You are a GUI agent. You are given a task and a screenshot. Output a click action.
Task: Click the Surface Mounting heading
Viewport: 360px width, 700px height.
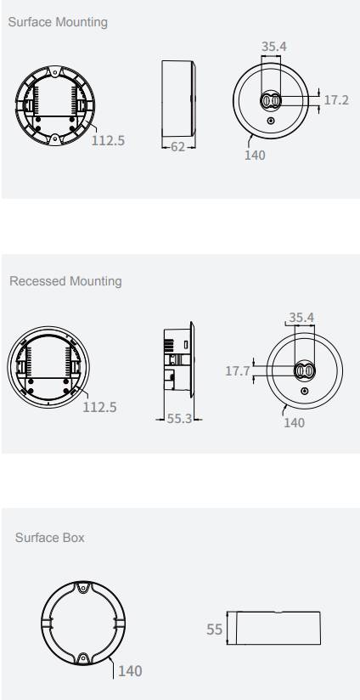click(58, 22)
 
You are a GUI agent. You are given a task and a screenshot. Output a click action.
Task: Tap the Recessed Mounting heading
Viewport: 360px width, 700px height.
click(65, 281)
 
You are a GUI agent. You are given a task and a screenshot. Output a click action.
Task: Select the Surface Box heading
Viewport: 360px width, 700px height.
click(49, 538)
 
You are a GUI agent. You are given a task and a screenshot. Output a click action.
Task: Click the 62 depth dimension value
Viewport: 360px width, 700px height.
click(177, 147)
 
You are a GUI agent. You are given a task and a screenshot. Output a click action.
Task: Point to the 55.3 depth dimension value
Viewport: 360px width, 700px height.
click(179, 419)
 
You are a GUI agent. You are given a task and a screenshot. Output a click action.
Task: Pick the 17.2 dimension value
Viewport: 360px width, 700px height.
click(336, 100)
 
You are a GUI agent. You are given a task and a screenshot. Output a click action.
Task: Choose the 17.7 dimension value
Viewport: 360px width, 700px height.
click(238, 371)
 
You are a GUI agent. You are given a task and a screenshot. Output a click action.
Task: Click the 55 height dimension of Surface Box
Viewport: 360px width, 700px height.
click(215, 629)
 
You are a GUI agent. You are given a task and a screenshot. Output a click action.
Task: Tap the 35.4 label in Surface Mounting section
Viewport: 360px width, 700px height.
click(274, 47)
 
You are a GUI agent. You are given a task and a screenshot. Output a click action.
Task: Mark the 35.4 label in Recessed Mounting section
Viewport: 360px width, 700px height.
click(301, 318)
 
